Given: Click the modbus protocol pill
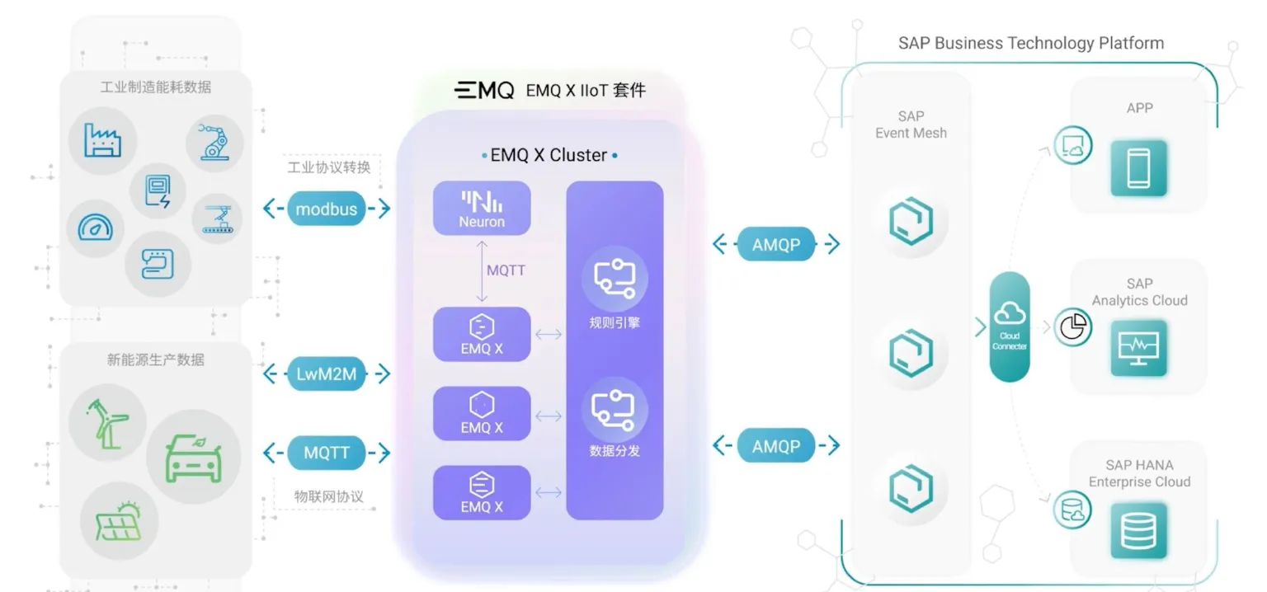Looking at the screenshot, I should pos(327,209).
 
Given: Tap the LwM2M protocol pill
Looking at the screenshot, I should pos(327,374).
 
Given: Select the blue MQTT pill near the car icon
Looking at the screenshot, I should pos(327,453).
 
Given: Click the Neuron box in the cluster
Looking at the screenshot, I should pos(482,208).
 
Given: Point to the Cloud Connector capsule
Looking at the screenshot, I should pos(1010,327).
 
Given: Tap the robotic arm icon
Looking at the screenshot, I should pos(214,141).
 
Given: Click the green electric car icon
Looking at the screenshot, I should pos(194,458).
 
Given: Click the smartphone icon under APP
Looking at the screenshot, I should pos(1139,167).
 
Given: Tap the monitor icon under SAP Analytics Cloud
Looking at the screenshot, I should pos(1139,349).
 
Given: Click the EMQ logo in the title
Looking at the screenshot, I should pos(484,90).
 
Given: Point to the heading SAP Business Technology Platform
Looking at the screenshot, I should pos(1031,43).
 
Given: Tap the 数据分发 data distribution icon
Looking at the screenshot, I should pos(615,409).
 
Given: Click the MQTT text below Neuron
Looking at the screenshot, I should pos(506,270).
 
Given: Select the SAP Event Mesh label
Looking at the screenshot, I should pos(911,125).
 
